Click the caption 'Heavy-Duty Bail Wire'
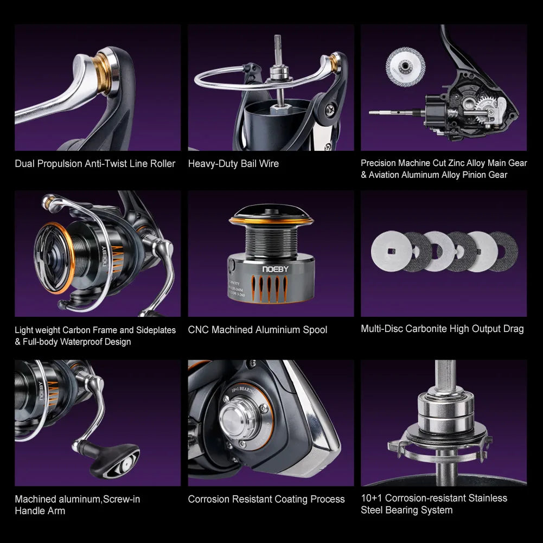click(x=233, y=163)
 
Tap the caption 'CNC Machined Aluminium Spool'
click(x=258, y=330)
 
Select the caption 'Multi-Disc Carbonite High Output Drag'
click(x=442, y=329)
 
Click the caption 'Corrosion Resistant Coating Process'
click(x=266, y=499)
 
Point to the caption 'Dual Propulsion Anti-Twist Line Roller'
click(x=95, y=163)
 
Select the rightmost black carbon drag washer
click(x=503, y=251)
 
